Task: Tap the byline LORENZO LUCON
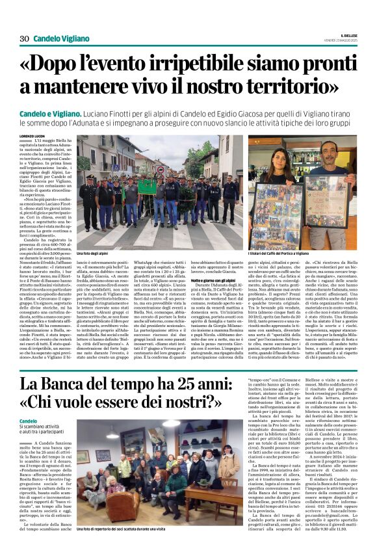click(x=34, y=137)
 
